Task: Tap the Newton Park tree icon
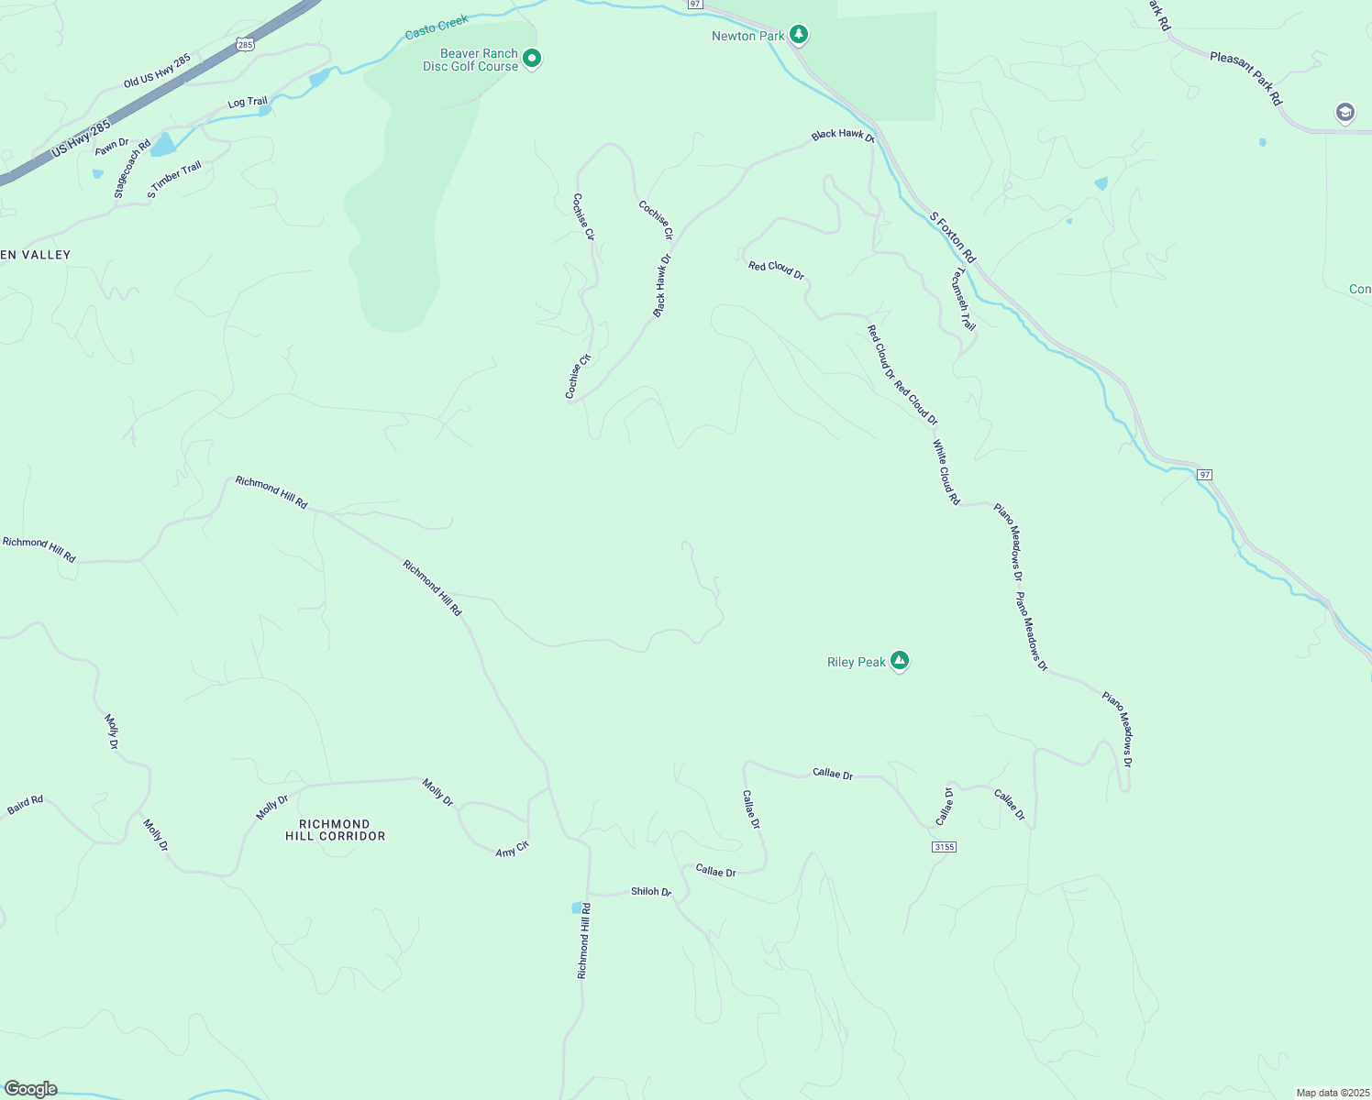tap(800, 35)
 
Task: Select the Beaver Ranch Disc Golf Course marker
tap(531, 59)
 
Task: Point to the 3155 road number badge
tap(944, 847)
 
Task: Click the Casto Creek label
tap(437, 26)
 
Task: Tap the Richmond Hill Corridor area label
tap(335, 830)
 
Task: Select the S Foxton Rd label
tap(953, 237)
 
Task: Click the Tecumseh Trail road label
tap(962, 299)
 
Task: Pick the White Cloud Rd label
tap(946, 472)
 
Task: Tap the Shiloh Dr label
tap(651, 892)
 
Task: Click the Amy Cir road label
tap(512, 849)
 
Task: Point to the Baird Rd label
tap(26, 805)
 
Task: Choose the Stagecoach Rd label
tap(132, 169)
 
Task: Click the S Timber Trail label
tap(174, 180)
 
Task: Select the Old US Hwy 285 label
tap(158, 71)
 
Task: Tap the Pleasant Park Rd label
tap(1245, 78)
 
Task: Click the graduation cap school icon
tap(1345, 113)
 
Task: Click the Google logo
tap(30, 1089)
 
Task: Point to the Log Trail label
tap(248, 103)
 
